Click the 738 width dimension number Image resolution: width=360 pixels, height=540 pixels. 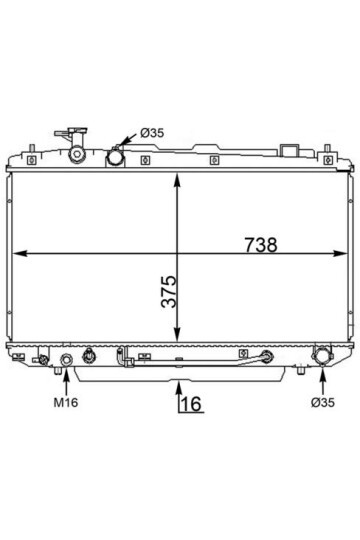(261, 245)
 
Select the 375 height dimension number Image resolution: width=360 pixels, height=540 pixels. (169, 291)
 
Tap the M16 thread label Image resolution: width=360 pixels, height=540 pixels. (66, 402)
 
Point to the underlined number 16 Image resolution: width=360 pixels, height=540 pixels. (191, 403)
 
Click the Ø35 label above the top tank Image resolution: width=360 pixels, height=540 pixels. (152, 133)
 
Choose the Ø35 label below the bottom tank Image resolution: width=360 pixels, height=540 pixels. (322, 402)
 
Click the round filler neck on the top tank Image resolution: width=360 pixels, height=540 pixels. (77, 155)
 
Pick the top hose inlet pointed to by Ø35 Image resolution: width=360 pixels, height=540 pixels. (115, 158)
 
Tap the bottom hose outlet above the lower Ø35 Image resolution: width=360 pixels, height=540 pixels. (321, 356)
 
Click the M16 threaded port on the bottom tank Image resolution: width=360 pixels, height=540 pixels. (66, 360)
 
